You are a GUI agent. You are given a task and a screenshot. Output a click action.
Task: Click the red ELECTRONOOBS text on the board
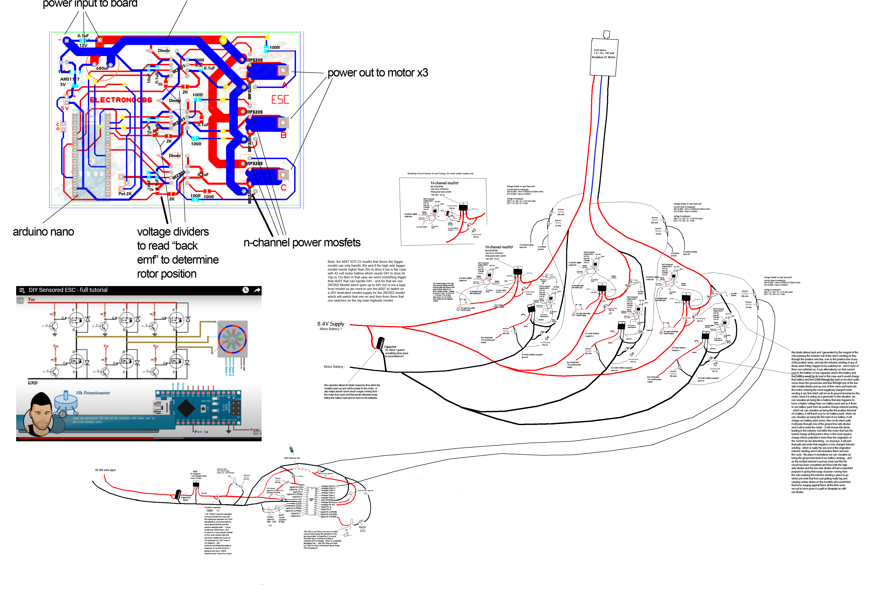point(121,100)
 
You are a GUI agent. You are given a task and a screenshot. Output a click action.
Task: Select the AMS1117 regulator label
point(69,79)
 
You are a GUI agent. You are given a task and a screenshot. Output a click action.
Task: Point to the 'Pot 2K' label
point(125,194)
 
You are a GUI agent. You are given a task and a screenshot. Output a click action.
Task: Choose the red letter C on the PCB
point(284,188)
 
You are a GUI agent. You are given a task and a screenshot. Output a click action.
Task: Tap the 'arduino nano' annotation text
point(43,232)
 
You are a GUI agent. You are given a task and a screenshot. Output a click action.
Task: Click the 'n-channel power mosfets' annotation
point(302,243)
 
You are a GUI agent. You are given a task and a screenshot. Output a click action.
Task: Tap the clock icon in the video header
point(245,290)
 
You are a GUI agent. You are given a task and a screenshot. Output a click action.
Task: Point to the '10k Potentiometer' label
point(93,393)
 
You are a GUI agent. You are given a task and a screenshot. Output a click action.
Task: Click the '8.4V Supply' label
point(331,324)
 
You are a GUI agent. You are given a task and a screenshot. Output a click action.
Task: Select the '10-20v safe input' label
point(105,470)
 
